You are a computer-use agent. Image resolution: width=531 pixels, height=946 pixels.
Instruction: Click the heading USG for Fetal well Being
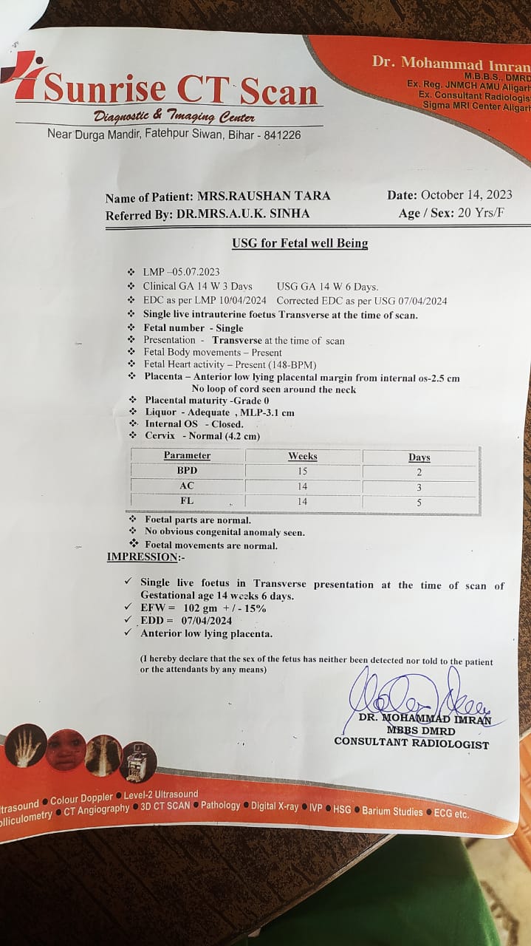coord(300,243)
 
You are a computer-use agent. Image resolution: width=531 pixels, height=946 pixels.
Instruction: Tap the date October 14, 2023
coord(466,195)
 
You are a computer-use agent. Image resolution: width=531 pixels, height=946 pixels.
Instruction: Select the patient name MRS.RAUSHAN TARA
coord(264,197)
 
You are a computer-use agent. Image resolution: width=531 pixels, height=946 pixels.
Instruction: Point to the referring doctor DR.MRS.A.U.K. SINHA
coord(243,214)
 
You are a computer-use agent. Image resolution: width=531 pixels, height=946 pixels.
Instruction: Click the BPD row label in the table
coord(187,470)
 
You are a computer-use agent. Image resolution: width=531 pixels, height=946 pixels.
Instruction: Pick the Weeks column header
coord(302,456)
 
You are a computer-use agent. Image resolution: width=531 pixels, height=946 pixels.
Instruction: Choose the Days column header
coord(419,457)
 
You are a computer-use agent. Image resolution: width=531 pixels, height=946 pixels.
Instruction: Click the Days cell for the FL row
coord(419,503)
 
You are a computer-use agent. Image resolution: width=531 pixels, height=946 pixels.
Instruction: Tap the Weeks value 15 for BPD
coord(302,471)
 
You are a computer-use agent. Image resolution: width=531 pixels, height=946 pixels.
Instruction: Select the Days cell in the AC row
coord(419,487)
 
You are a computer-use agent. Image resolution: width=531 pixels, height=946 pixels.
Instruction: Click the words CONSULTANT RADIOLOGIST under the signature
coord(411,743)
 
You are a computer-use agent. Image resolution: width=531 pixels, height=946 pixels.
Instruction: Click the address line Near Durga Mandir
coord(174,135)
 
